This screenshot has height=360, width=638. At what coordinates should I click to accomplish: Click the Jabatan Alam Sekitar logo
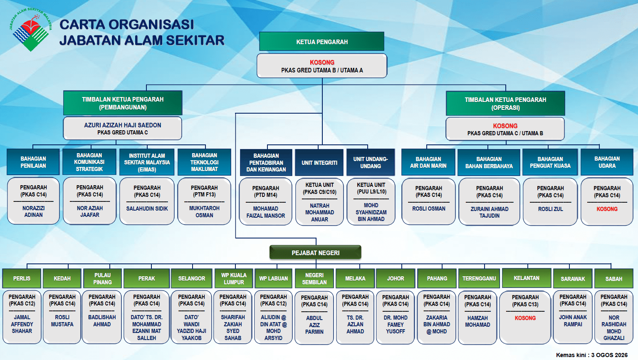[x=31, y=30]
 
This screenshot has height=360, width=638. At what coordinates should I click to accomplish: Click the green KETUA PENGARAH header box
[x=321, y=41]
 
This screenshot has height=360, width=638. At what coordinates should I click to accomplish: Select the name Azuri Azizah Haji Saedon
[x=122, y=125]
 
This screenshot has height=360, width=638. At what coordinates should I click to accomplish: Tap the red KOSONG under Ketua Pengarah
[x=322, y=62]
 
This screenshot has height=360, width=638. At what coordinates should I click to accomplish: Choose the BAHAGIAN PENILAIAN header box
[x=33, y=161]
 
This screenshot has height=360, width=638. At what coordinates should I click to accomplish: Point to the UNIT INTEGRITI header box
[x=319, y=162]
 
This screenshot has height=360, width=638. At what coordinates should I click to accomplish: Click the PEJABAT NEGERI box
[x=315, y=253]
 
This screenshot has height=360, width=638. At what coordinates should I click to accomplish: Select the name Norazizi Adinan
[x=33, y=211]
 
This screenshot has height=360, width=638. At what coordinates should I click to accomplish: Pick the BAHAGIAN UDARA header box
[x=607, y=162]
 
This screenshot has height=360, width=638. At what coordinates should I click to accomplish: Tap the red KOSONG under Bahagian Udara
[x=607, y=209]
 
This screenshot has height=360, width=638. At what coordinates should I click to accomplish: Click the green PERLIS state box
[x=22, y=278]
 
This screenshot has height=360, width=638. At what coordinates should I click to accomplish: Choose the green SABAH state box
[x=614, y=278]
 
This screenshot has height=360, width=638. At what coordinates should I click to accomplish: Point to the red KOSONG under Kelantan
[x=525, y=318]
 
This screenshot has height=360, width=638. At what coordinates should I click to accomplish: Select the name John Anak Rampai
[x=573, y=320]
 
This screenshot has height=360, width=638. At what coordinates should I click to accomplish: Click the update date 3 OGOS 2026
[x=610, y=355]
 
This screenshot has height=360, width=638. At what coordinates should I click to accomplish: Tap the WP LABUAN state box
[x=273, y=278]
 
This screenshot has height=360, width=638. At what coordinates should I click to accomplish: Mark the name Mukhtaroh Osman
[x=204, y=212]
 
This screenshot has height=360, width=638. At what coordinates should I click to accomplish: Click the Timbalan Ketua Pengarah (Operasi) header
[x=505, y=103]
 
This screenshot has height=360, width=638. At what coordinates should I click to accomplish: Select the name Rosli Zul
[x=550, y=209]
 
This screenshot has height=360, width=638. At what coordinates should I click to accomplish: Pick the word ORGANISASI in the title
[x=151, y=25]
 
